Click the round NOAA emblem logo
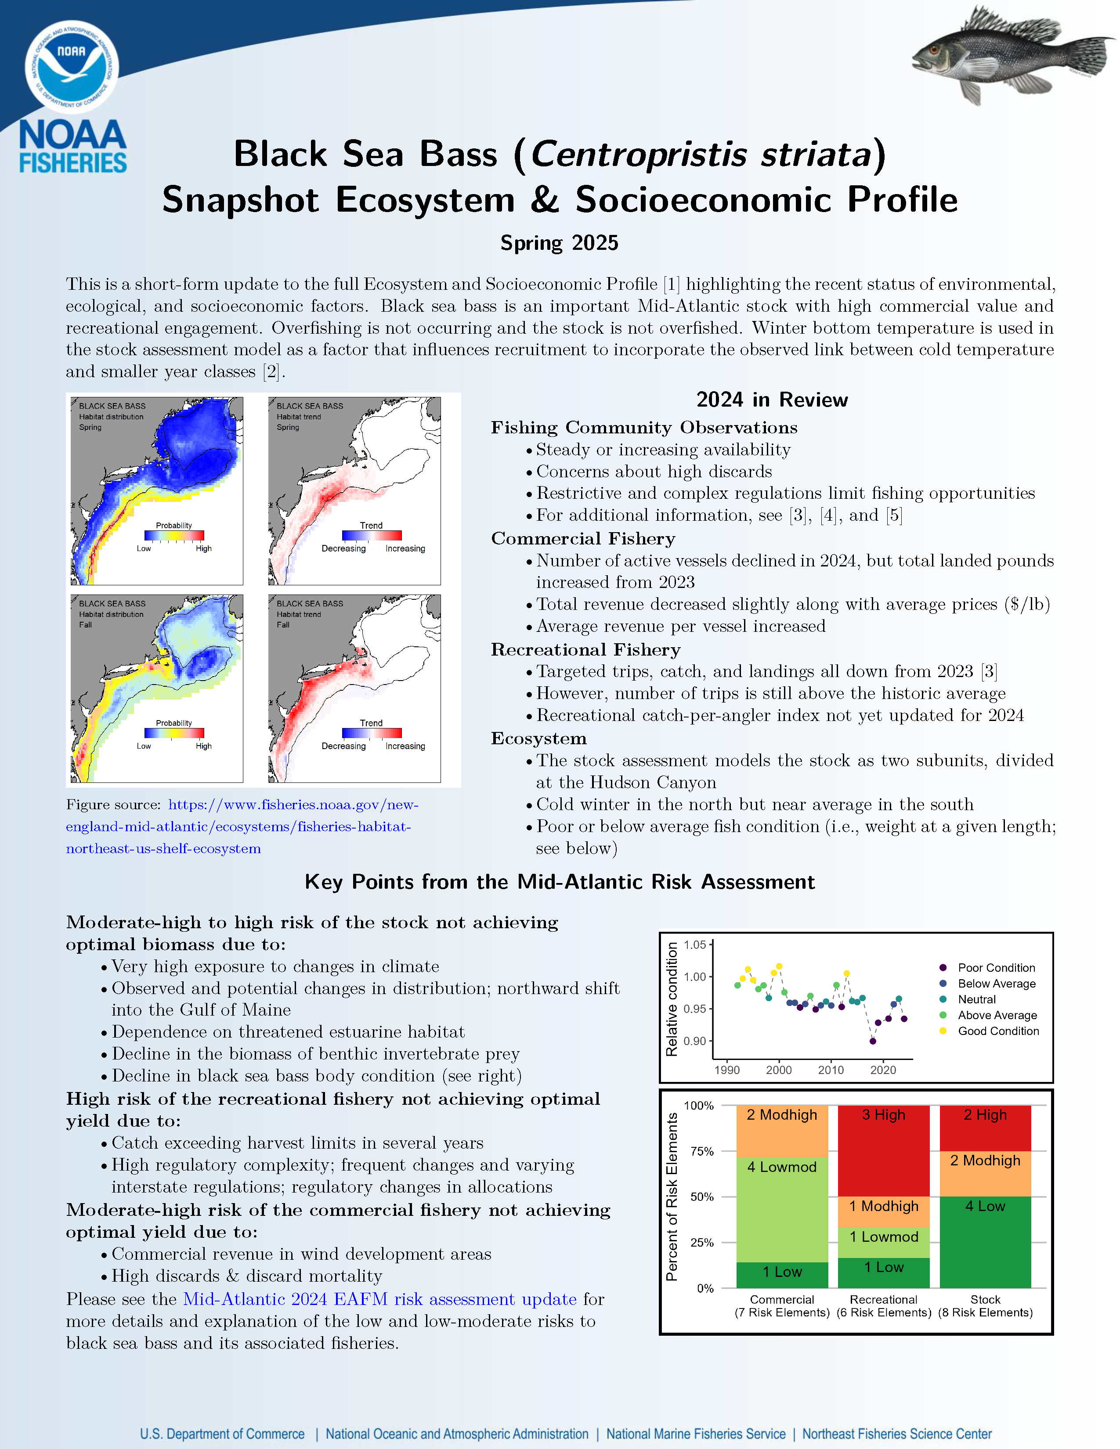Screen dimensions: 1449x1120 (x=72, y=66)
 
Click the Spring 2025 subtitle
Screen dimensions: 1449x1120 (x=559, y=243)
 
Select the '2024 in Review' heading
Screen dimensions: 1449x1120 (x=772, y=400)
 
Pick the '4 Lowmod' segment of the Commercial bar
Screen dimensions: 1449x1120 (x=782, y=1209)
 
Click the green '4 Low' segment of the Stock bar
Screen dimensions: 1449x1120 (x=985, y=1241)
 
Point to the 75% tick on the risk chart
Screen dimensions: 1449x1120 (x=702, y=1151)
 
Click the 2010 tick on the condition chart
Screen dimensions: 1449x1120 (x=831, y=1070)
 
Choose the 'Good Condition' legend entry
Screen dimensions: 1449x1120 (x=998, y=1031)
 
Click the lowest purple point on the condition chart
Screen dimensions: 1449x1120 (x=873, y=1041)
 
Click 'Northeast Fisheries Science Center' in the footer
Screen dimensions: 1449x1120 (x=896, y=1434)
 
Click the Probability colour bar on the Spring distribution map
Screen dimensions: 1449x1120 (x=174, y=535)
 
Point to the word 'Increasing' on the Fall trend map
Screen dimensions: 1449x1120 (x=405, y=746)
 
